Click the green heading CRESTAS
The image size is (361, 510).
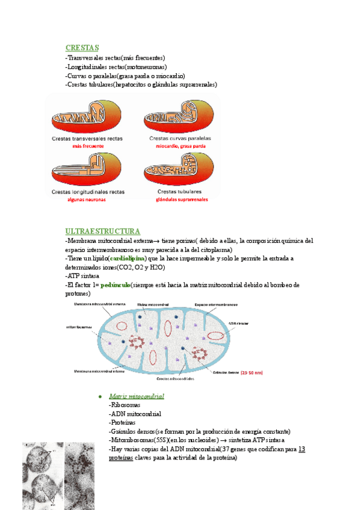(x=82, y=48)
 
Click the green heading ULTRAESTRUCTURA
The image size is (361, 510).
(x=103, y=232)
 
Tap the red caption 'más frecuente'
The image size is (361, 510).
(x=88, y=146)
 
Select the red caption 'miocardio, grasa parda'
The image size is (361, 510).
(x=180, y=146)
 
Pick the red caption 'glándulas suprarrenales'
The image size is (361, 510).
(x=181, y=200)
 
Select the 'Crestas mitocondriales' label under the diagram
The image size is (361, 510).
(x=174, y=379)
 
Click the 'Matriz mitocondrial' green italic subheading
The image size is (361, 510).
(x=137, y=397)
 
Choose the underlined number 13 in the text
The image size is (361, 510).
(x=302, y=449)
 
